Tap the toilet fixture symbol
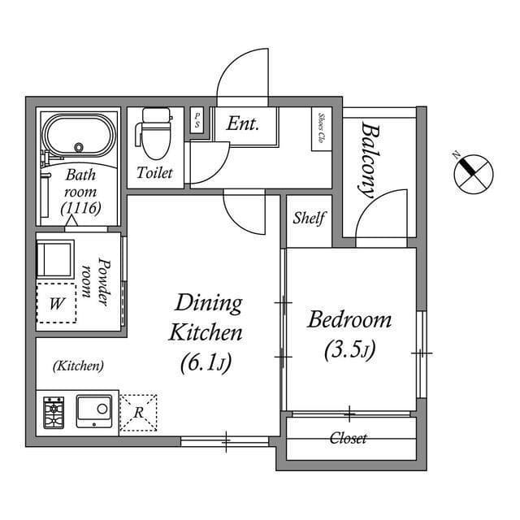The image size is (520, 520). (x=154, y=133)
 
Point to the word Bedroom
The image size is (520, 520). (x=349, y=319)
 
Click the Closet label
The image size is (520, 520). (x=348, y=439)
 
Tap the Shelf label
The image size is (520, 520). (x=309, y=218)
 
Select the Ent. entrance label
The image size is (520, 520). (x=242, y=124)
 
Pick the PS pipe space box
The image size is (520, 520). (x=197, y=121)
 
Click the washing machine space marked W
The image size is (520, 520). (x=56, y=303)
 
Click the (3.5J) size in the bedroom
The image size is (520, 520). (x=349, y=350)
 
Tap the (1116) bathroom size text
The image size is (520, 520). (x=80, y=209)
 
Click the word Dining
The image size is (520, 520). (x=209, y=303)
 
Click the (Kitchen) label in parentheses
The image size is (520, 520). (x=78, y=366)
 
